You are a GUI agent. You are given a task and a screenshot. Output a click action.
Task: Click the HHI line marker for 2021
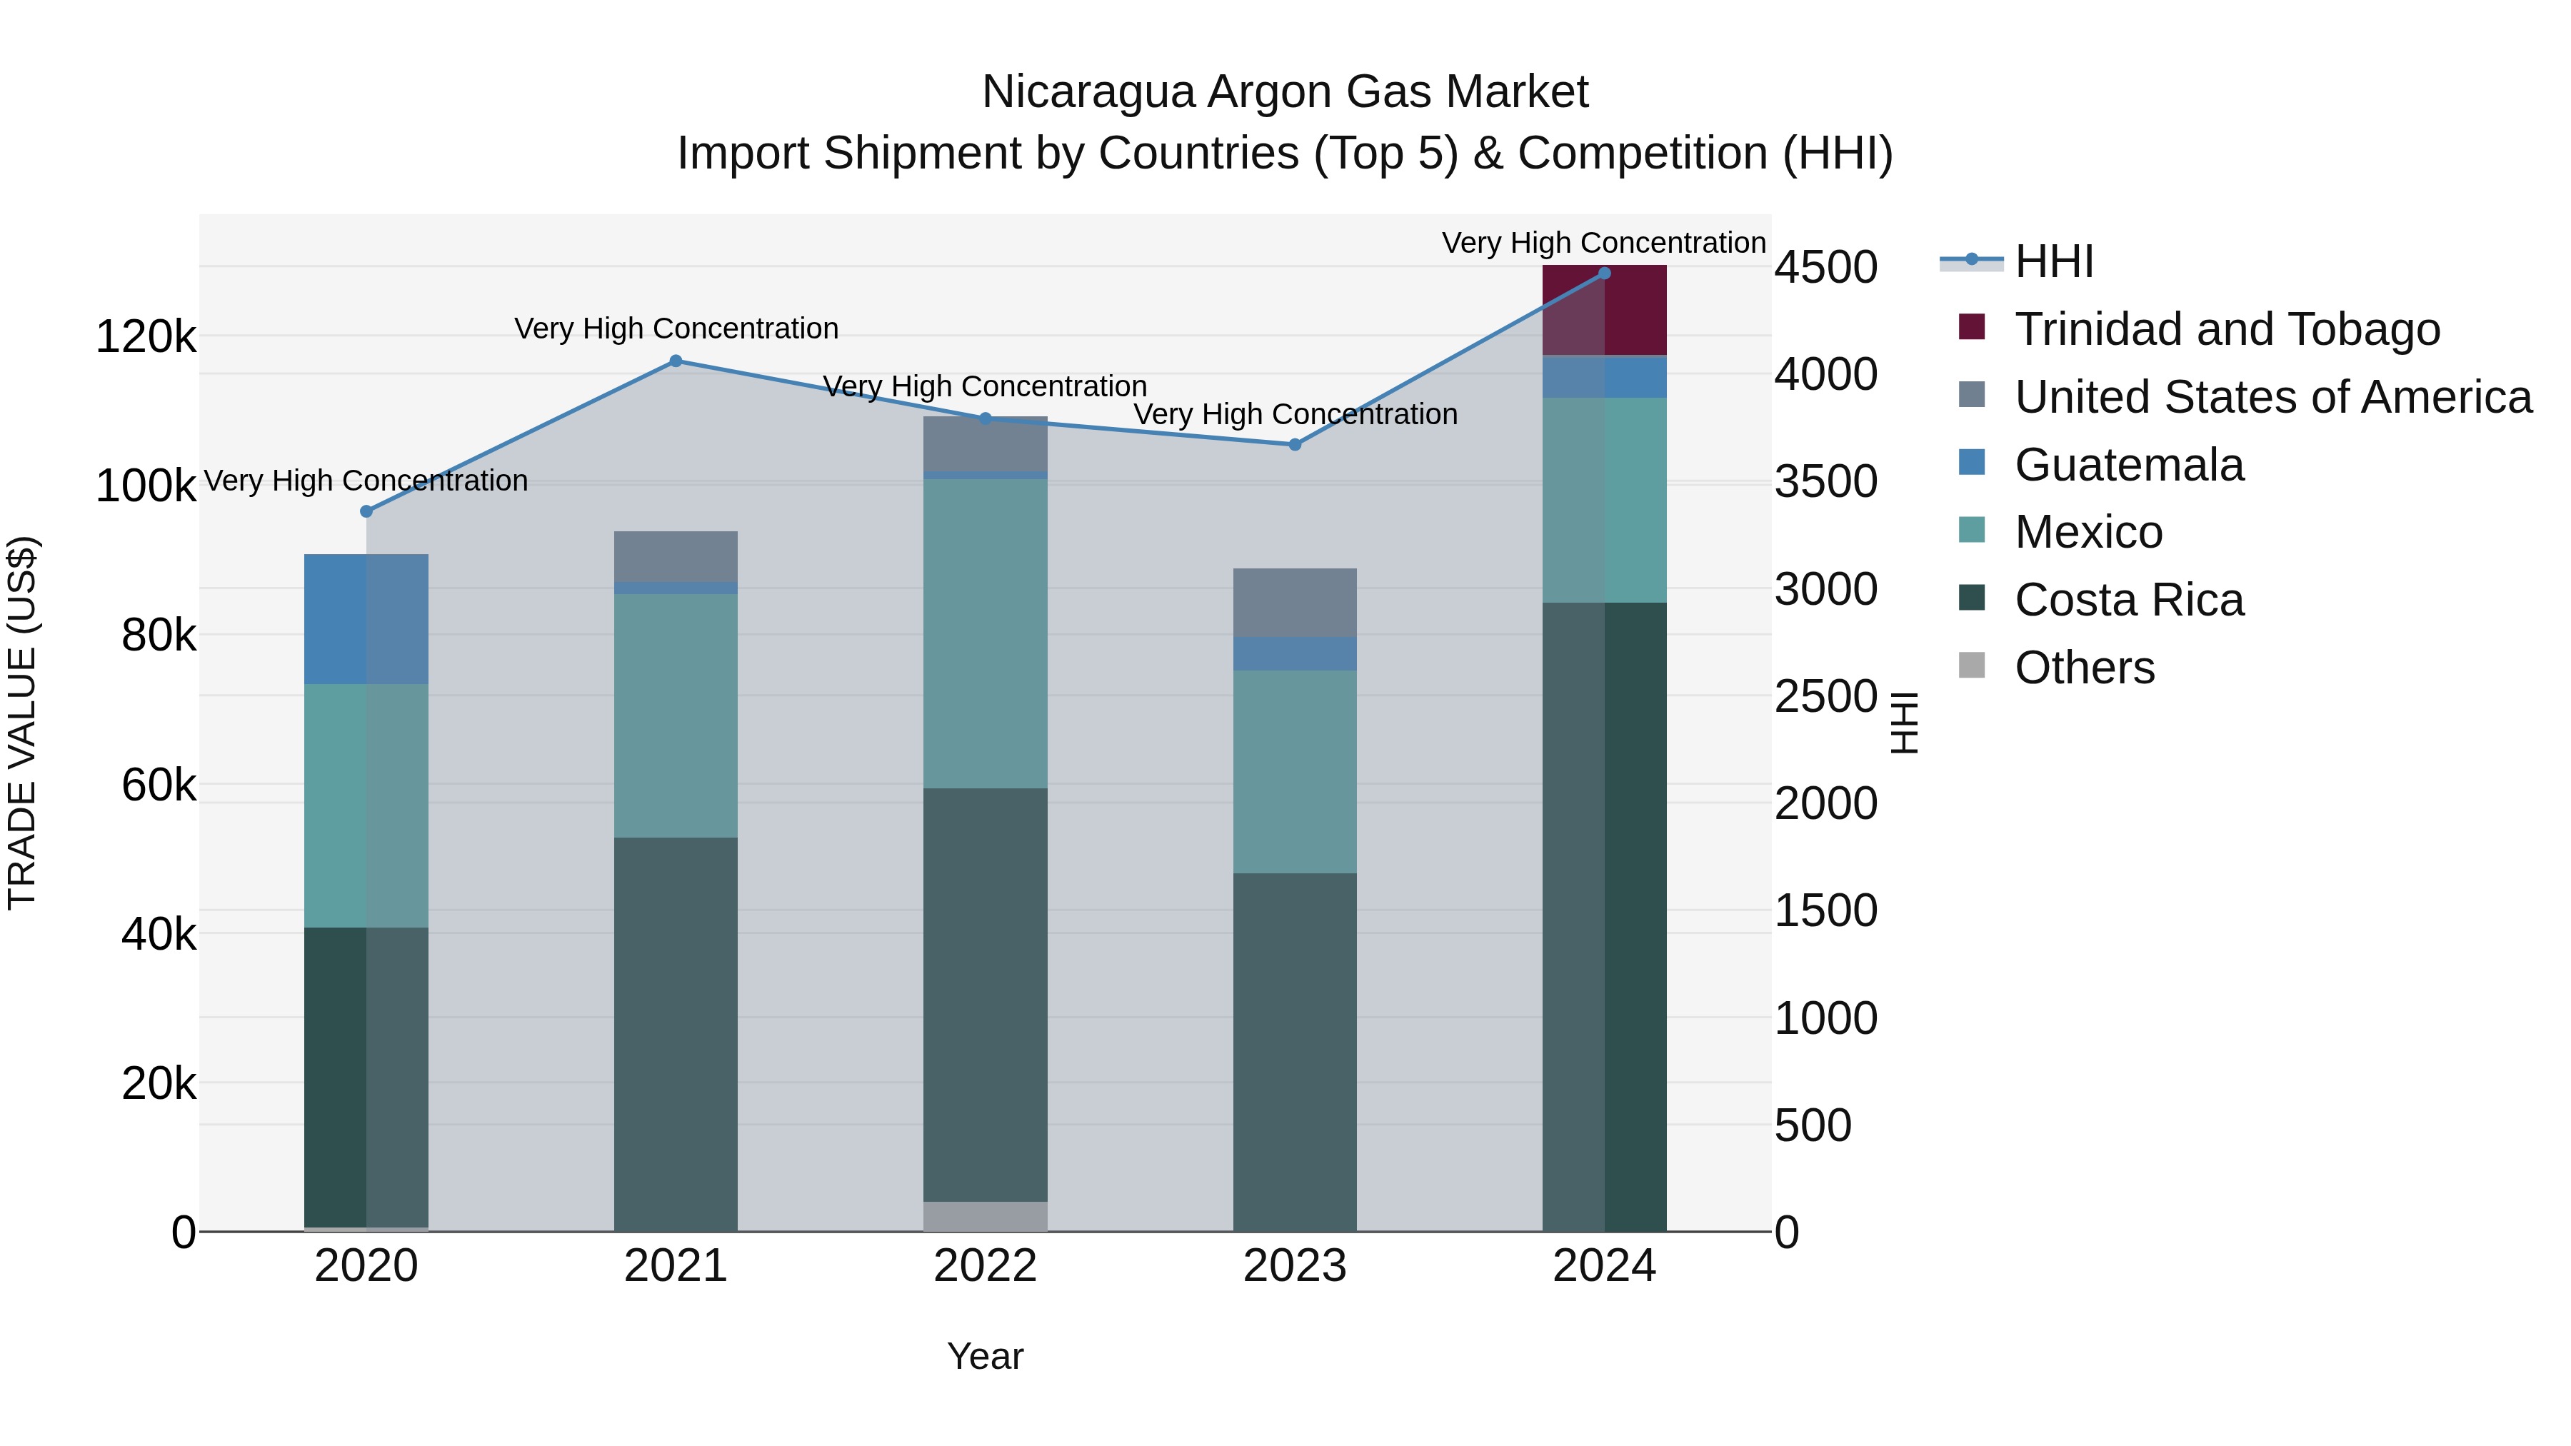676,361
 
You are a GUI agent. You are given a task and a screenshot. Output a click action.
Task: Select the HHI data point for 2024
1604,273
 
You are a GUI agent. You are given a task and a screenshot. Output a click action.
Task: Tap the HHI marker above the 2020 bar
366,512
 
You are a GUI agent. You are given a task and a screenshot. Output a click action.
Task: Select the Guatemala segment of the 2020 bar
366,618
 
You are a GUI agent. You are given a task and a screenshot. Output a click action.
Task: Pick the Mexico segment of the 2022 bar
985,633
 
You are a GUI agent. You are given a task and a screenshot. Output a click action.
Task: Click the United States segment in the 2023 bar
1295,603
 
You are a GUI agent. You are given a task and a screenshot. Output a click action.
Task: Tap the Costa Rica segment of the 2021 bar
676,1033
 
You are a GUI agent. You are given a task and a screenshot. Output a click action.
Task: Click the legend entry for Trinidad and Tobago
2227,329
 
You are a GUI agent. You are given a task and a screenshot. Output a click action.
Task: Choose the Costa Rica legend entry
2129,600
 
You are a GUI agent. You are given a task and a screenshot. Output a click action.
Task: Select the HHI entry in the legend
2054,261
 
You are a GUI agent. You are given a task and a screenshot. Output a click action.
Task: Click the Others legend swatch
1971,666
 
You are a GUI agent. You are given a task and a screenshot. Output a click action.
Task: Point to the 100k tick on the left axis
146,487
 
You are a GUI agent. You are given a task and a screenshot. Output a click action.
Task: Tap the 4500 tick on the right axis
1825,268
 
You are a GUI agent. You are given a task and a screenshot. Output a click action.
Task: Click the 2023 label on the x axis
1295,1266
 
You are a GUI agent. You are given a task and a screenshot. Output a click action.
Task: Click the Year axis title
985,1356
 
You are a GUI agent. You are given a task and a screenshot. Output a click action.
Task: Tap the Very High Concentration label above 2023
1295,414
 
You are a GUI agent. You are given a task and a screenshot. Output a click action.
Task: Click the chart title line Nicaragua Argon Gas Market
1285,92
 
